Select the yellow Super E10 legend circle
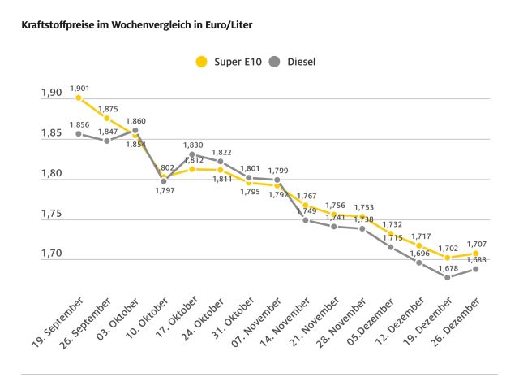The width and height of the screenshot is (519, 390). point(201,61)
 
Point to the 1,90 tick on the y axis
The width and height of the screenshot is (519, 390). point(51,93)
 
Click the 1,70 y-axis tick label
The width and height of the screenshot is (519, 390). point(51,253)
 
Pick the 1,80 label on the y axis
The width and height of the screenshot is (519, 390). point(51,173)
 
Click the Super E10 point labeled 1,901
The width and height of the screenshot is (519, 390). point(79,97)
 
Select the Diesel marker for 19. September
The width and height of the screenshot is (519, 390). point(79,133)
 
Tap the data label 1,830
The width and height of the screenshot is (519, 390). point(193,145)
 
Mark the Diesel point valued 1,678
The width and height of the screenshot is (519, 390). point(447,277)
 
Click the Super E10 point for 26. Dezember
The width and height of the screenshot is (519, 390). point(476,253)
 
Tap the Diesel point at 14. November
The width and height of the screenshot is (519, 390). point(306,220)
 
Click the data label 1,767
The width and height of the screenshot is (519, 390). point(307,196)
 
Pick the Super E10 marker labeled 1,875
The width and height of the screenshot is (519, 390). point(107,118)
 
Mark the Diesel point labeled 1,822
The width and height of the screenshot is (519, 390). point(221,161)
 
